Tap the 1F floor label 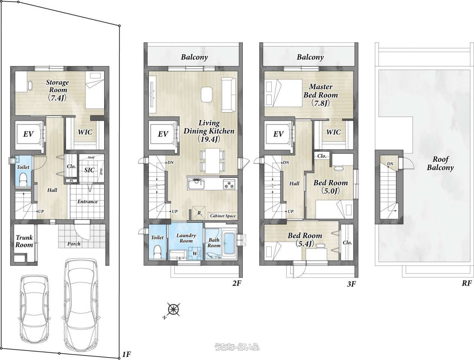[126, 354]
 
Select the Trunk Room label [24, 241]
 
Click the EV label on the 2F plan [163, 134]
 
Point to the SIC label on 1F [90, 170]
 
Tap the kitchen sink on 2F [196, 184]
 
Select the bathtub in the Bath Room [229, 243]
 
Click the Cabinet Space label [223, 216]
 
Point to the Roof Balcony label [440, 163]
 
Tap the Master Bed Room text [321, 91]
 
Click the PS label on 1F [71, 181]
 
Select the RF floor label [467, 283]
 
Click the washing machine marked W [195, 253]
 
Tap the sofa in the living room [229, 95]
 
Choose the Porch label [74, 244]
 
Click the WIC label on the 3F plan [333, 132]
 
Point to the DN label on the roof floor [390, 164]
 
